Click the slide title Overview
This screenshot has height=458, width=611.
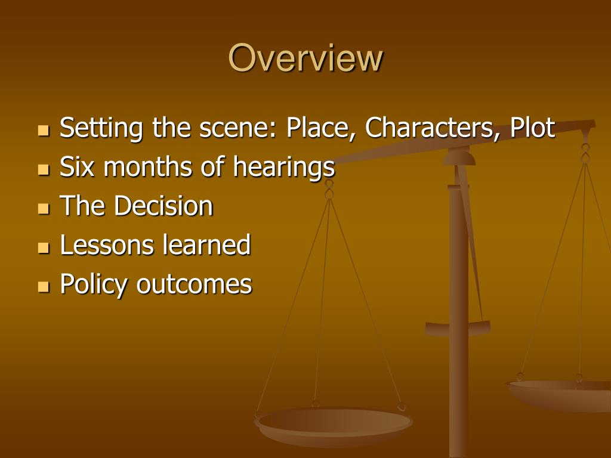coord(305,58)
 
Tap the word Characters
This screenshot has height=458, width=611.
coord(428,128)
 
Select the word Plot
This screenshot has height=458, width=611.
coord(533,128)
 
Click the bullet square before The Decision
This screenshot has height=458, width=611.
coord(43,209)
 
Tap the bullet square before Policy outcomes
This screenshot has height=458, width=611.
coord(43,287)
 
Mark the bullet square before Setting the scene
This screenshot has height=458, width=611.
coord(43,131)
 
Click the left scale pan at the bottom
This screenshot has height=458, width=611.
coord(333,424)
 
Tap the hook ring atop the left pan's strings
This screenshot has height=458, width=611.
coord(329,190)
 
